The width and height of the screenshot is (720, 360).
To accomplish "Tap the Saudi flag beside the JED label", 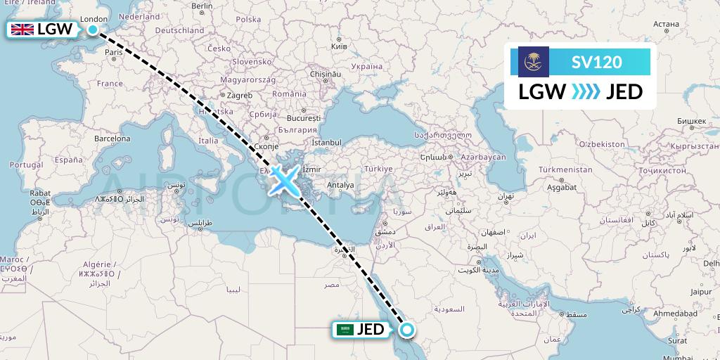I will coord(345,329).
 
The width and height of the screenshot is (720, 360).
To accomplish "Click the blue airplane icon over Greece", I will coord(284,180).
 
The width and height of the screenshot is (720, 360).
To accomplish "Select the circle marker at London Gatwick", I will coord(93,30).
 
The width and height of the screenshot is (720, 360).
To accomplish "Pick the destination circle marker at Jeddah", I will coord(406,329).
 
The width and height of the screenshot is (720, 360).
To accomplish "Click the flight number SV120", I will coord(596,62).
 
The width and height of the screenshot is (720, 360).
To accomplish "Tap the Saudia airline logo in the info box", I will coord(533,61).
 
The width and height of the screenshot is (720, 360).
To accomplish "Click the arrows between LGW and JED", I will coord(586,91).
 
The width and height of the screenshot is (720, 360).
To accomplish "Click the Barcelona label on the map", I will coord(112,139).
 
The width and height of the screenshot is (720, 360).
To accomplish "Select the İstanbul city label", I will coord(326,143).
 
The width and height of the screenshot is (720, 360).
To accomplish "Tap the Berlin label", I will coord(202,6).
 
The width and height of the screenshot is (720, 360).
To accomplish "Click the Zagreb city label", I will coord(239,96).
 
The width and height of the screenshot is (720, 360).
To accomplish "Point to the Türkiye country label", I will coord(377,169).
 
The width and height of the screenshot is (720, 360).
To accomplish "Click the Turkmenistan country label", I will coord(565,170).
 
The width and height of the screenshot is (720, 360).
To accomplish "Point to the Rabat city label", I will coord(39,193).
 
